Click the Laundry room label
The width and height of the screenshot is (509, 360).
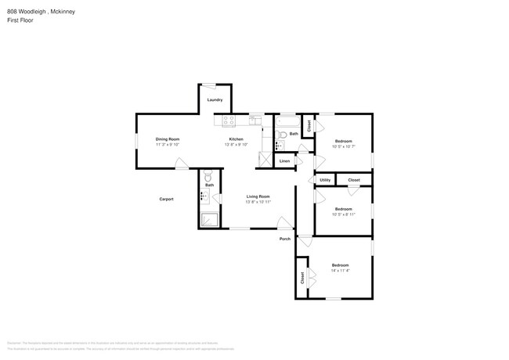[x=215, y=100]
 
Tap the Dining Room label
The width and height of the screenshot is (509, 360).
[x=168, y=139]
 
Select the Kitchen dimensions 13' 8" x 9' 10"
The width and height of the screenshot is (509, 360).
[x=236, y=145]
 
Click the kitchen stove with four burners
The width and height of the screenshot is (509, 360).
[x=229, y=121]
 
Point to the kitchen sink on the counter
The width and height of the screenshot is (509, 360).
[x=255, y=120]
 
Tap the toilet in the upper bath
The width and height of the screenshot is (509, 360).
[x=283, y=135]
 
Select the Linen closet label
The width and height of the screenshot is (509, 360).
[x=284, y=161]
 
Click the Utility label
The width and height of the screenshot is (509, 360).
[x=325, y=180]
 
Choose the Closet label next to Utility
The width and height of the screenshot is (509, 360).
[x=354, y=180]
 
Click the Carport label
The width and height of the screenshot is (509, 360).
[x=166, y=200]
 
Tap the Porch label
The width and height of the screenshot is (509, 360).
[x=285, y=239]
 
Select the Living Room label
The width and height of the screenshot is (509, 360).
[x=258, y=196]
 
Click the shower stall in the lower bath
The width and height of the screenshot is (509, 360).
[x=209, y=219]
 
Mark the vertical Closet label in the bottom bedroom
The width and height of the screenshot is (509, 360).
[x=302, y=278]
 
